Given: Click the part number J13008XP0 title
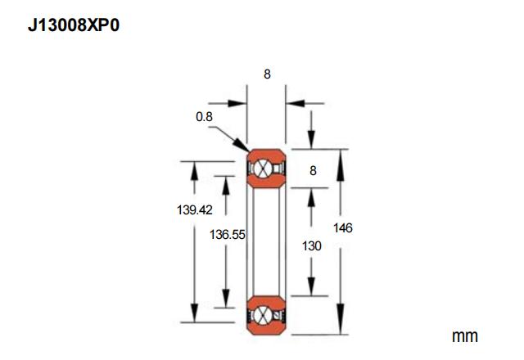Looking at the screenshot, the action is (74, 25).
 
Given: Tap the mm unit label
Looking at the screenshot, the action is (464, 336).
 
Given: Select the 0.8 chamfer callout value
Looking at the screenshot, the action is (204, 116).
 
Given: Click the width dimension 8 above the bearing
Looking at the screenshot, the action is (267, 74).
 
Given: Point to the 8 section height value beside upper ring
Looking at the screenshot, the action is (313, 170).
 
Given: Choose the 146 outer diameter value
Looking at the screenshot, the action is (343, 227).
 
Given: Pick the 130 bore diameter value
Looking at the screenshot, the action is (311, 245).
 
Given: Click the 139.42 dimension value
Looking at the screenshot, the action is (195, 209).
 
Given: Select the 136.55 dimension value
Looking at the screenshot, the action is (228, 235).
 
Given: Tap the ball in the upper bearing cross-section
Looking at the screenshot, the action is (262, 169).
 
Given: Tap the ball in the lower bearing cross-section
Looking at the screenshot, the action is (262, 315).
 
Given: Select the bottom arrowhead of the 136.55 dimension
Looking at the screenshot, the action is (226, 299).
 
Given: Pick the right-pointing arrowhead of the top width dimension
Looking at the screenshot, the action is (237, 103).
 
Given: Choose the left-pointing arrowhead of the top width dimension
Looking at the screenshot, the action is (296, 103).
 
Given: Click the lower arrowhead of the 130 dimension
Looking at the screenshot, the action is (311, 286).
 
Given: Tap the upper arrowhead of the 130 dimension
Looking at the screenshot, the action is (311, 198).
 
